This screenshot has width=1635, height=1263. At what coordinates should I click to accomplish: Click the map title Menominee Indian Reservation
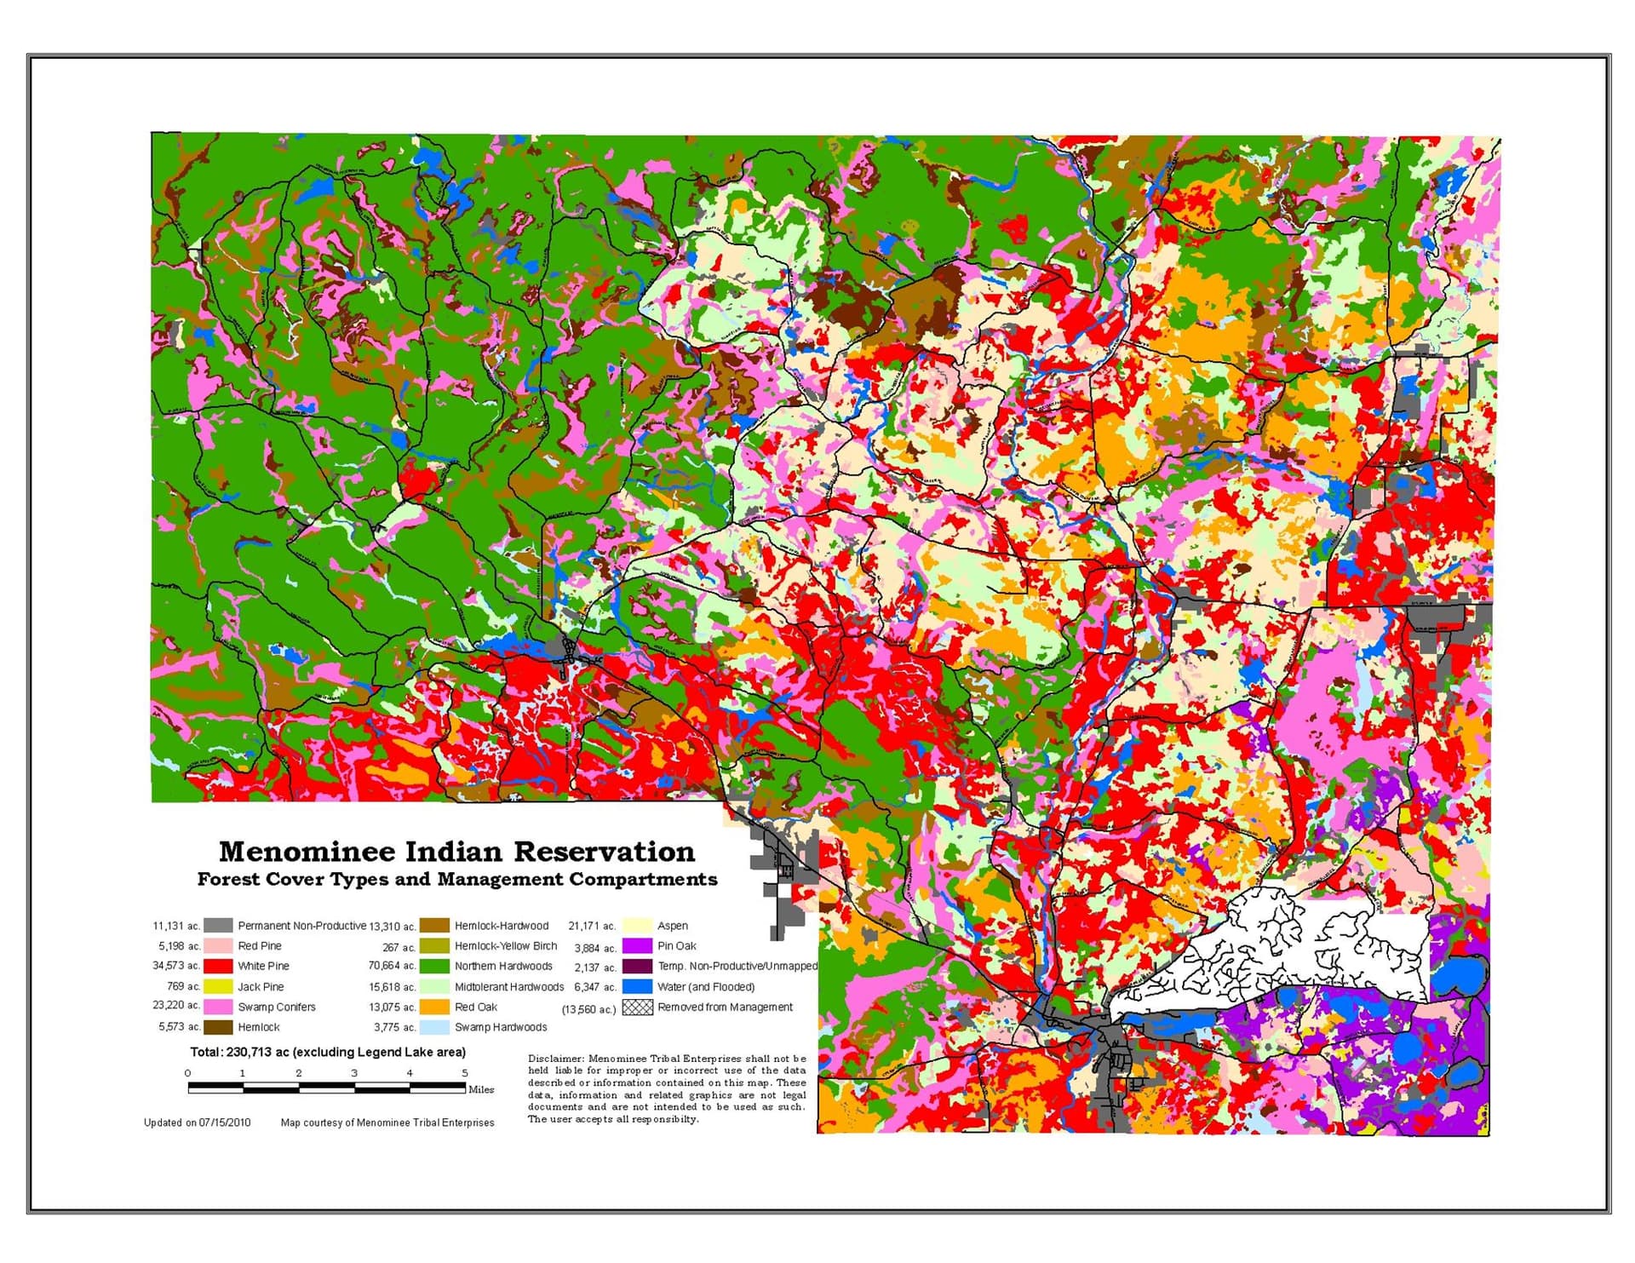coord(456,851)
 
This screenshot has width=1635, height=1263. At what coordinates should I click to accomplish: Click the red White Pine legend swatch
coord(218,966)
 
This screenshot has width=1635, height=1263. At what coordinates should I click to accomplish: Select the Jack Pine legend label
coord(261,986)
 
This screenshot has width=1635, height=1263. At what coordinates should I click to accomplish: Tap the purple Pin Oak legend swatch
coord(636,945)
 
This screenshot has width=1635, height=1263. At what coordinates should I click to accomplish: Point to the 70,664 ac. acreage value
coord(392,966)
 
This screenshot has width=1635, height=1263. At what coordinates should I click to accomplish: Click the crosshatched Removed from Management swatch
coord(637,1007)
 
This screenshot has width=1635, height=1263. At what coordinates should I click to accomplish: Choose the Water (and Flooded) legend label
coord(705,986)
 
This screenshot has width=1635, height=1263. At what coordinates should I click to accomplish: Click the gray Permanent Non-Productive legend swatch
coord(218,925)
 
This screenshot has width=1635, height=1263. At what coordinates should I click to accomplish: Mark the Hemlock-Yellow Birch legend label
coord(505,945)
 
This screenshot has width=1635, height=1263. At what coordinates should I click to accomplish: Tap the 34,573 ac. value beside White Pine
coord(176,966)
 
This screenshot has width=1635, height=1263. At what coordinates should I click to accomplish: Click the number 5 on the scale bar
coord(464,1073)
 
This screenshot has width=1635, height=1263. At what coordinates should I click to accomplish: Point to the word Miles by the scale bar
coord(481,1089)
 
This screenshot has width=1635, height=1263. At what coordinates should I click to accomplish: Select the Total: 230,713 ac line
coord(328,1052)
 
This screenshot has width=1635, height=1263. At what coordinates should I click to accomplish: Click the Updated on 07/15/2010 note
coord(198,1122)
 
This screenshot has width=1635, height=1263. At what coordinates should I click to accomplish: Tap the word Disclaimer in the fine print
coord(555,1059)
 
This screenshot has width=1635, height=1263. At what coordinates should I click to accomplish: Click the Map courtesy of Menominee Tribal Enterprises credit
coord(387,1122)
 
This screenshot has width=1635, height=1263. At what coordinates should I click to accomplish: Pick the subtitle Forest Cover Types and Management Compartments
coord(456,879)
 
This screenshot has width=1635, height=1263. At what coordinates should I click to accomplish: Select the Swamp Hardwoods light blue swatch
coord(434,1027)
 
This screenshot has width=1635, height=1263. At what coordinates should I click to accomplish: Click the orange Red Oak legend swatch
coord(434,1007)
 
